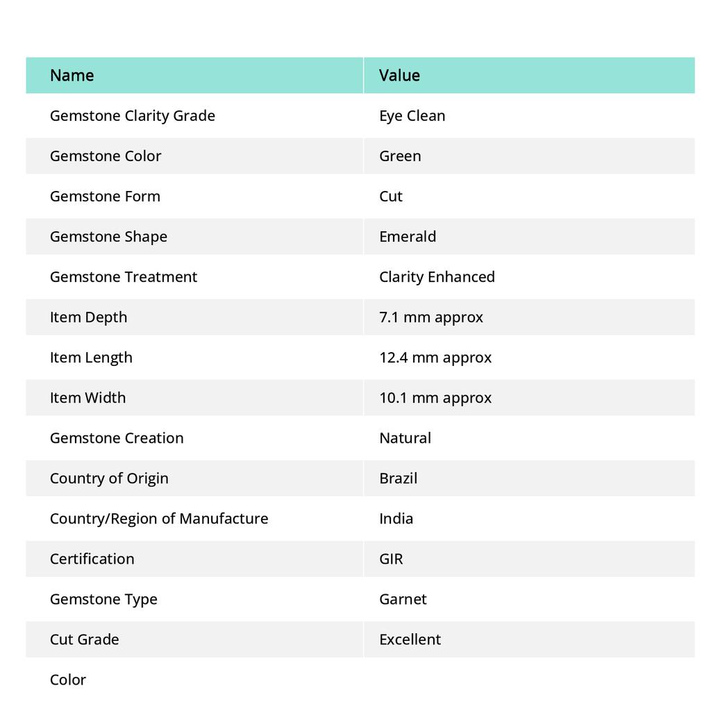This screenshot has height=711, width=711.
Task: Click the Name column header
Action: [72, 75]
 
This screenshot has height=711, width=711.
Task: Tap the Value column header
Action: [399, 75]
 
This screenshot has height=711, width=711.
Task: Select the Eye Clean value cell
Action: [412, 116]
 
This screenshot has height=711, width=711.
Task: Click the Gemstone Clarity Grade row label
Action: [132, 116]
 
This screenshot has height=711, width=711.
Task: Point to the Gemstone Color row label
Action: [105, 156]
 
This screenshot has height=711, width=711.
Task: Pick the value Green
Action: [400, 156]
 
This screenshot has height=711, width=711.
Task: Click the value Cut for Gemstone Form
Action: [391, 196]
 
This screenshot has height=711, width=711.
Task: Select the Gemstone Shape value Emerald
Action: [408, 237]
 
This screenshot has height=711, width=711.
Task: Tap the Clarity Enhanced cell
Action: [437, 277]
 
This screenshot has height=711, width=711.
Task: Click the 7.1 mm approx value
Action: [430, 317]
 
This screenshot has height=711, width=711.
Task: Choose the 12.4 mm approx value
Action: [435, 358]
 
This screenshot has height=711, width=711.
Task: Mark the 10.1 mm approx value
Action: [435, 398]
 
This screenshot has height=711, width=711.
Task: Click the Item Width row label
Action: [87, 398]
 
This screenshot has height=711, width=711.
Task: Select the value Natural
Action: [405, 438]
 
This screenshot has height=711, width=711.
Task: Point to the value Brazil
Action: [398, 478]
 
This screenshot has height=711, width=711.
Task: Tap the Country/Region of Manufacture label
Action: [158, 519]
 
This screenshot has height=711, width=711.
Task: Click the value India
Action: [396, 519]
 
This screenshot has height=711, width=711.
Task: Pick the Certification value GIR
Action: [391, 559]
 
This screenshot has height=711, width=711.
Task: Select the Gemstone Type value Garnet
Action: [403, 599]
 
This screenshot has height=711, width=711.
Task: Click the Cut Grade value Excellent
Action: [410, 639]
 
